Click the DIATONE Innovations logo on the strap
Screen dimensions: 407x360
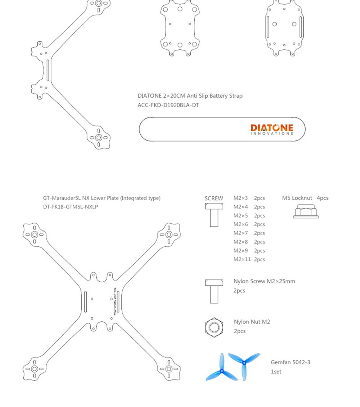click(x=272, y=129)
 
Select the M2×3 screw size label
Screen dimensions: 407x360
click(x=240, y=198)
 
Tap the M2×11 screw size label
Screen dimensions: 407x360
click(x=242, y=259)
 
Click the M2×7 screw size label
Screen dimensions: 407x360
click(x=240, y=233)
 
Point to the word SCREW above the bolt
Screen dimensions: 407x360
click(x=214, y=198)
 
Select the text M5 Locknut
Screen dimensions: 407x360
click(x=297, y=198)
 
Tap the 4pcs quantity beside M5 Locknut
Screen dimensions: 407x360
click(x=323, y=198)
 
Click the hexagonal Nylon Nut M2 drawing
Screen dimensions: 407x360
click(x=214, y=327)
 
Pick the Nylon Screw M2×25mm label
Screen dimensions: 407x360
click(x=264, y=281)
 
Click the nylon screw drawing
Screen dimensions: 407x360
click(x=214, y=291)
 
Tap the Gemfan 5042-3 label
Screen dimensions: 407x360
click(x=290, y=362)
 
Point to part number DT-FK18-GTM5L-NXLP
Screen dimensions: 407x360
click(x=71, y=207)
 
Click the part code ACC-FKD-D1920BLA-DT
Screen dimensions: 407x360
click(x=168, y=105)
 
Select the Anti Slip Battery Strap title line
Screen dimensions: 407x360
click(x=190, y=96)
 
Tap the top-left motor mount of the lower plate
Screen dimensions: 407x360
click(x=35, y=234)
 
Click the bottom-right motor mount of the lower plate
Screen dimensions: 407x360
click(x=168, y=369)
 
